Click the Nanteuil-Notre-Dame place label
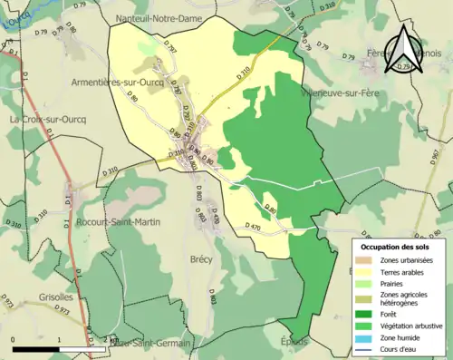(x=166, y=18)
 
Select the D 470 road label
(x=255, y=226)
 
